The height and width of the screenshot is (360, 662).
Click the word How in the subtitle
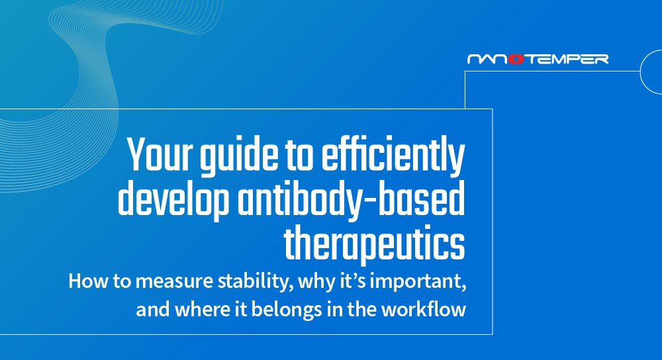click(x=84, y=282)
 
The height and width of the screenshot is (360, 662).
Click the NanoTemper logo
click(x=538, y=59)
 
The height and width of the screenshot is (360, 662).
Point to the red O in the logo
click(x=517, y=59)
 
